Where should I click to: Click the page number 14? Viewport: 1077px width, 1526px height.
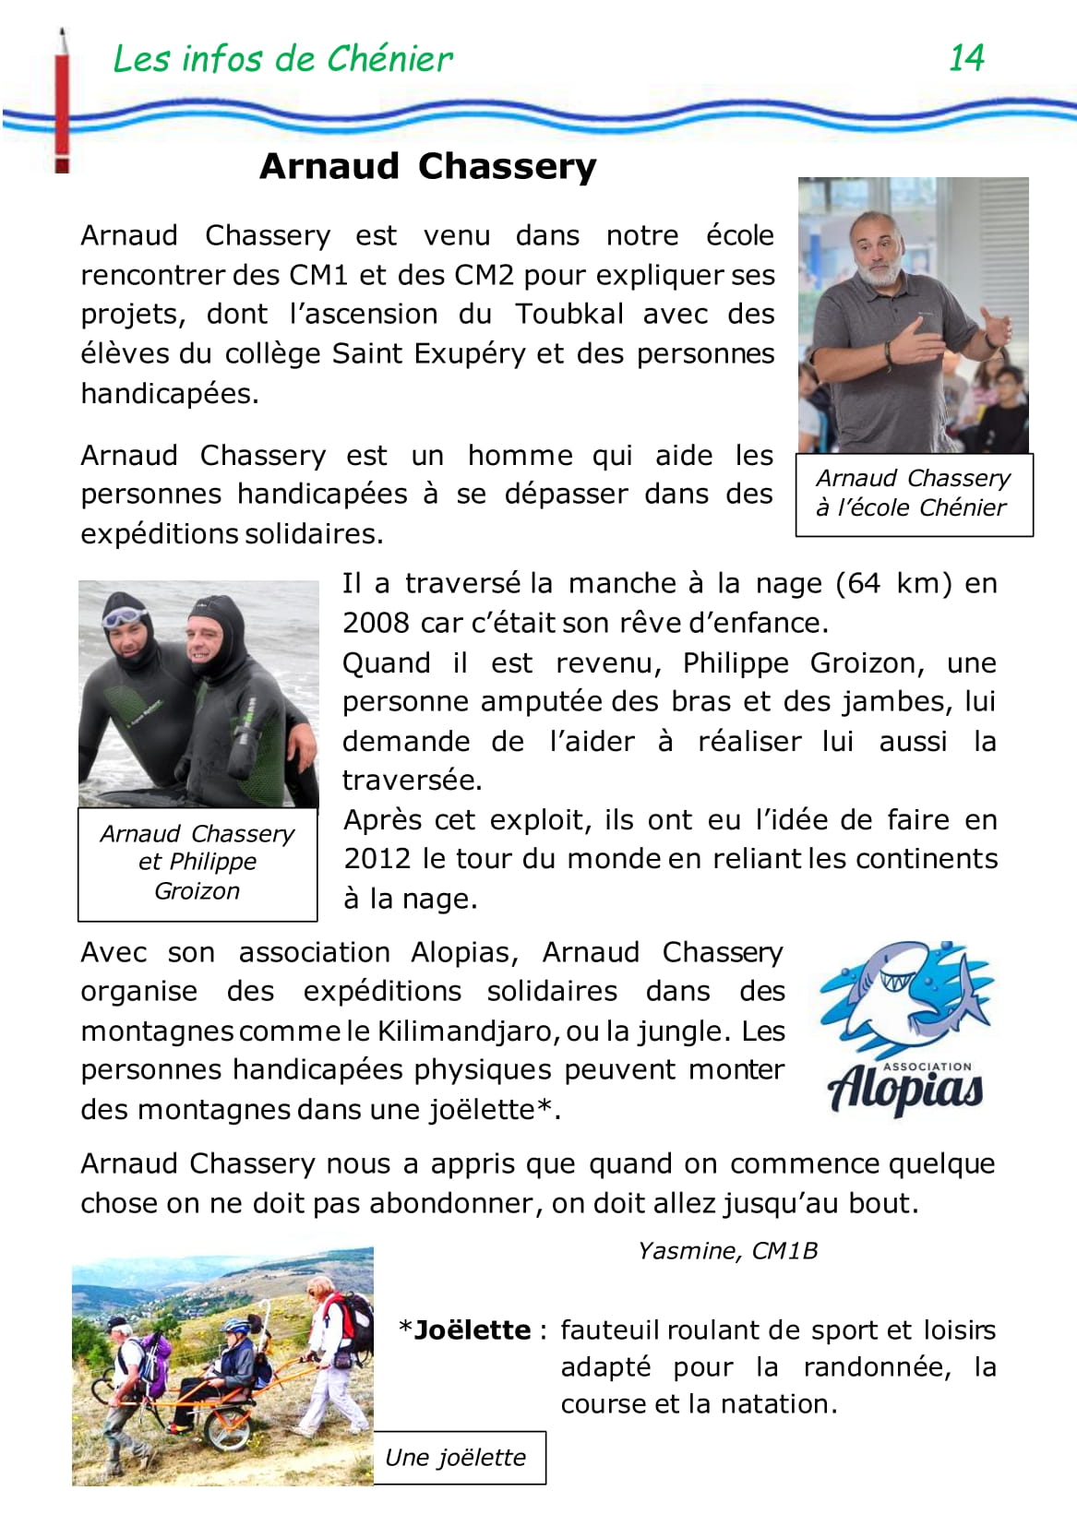tap(966, 58)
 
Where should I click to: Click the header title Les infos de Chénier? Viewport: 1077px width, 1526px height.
tap(282, 59)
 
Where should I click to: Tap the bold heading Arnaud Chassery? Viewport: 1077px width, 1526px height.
tap(428, 166)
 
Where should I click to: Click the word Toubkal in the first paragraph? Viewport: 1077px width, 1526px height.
tap(569, 314)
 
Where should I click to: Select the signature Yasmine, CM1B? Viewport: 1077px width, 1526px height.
tap(727, 1251)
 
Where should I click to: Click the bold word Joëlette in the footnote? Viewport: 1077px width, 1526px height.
tap(473, 1330)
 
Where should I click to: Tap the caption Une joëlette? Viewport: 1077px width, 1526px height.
tap(456, 1458)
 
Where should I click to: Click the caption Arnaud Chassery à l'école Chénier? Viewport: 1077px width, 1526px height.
tap(913, 493)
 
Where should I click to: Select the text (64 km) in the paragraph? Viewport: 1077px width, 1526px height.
tap(893, 583)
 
